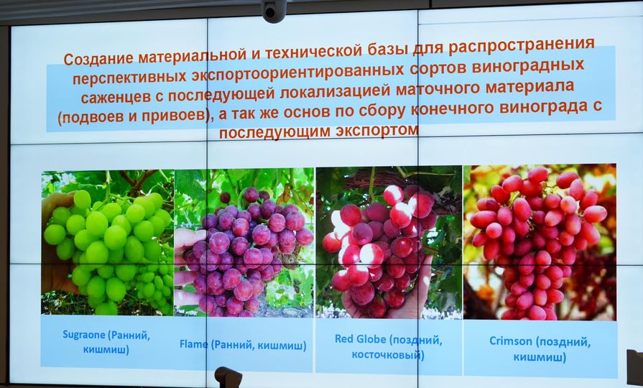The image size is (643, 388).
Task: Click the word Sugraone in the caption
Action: coord(84,335)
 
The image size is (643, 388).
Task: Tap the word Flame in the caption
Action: coord(193,343)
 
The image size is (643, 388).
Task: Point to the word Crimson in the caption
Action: coord(511,341)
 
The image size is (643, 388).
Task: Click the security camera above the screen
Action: coord(274,10)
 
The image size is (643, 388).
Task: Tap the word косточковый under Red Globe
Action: coord(388,354)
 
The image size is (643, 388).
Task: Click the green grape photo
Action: coord(108,242)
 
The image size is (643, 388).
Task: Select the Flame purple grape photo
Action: coord(244,242)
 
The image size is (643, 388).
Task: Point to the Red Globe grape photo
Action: coord(389,242)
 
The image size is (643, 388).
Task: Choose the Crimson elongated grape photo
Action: coord(540,242)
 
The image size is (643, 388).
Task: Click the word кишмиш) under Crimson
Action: coord(540,357)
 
